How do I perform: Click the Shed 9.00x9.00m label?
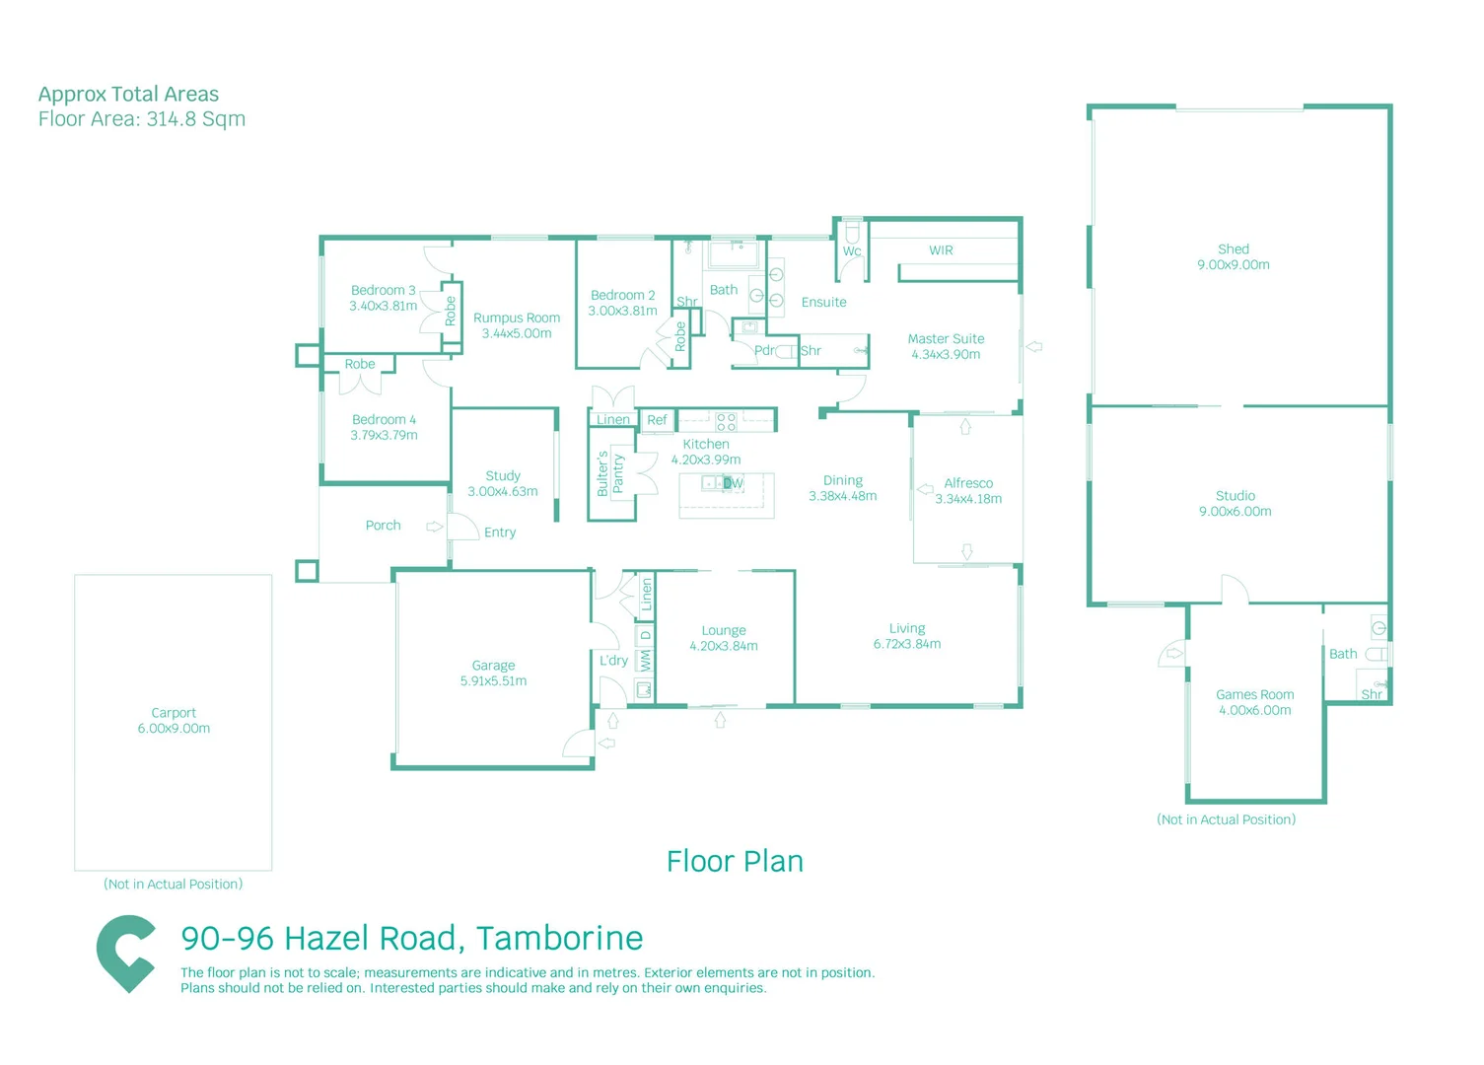(1233, 257)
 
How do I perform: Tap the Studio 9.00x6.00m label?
(1235, 504)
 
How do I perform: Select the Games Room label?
(1254, 695)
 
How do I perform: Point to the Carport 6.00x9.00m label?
(174, 721)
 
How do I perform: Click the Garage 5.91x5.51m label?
(493, 674)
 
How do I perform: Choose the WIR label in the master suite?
(941, 250)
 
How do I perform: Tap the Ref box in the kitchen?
(657, 420)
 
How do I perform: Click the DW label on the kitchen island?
(733, 483)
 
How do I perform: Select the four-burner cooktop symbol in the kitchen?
(726, 422)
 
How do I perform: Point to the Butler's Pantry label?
(609, 473)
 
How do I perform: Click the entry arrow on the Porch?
(434, 527)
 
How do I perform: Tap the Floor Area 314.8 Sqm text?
(142, 119)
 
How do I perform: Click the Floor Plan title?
(735, 862)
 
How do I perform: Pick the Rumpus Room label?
(516, 319)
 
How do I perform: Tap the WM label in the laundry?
(645, 660)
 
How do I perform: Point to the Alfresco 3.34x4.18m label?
(967, 491)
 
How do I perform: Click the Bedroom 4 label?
(384, 420)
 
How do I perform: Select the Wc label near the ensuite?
(852, 251)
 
